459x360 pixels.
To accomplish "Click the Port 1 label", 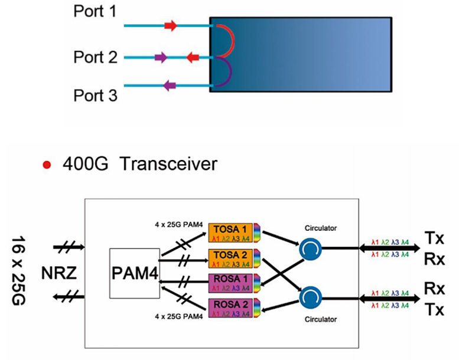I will [96, 11].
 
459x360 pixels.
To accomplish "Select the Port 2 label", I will [96, 57].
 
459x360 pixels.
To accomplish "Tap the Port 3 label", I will [96, 94].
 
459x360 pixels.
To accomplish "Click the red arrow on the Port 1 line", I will [170, 26].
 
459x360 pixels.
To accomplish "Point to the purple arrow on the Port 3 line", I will [170, 86].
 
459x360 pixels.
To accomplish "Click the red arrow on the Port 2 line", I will [193, 57].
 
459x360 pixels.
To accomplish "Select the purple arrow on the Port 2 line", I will [160, 57].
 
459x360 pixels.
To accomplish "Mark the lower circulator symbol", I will [310, 293].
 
